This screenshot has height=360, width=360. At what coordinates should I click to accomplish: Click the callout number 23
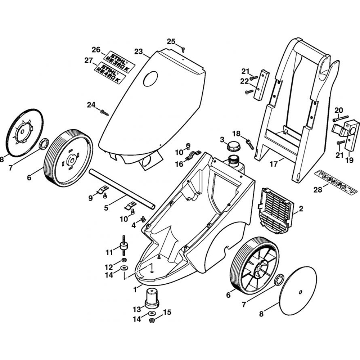click(x=139, y=51)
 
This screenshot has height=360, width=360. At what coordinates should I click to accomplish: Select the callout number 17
click(x=274, y=164)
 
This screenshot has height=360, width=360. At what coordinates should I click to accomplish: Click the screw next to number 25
click(x=183, y=49)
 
